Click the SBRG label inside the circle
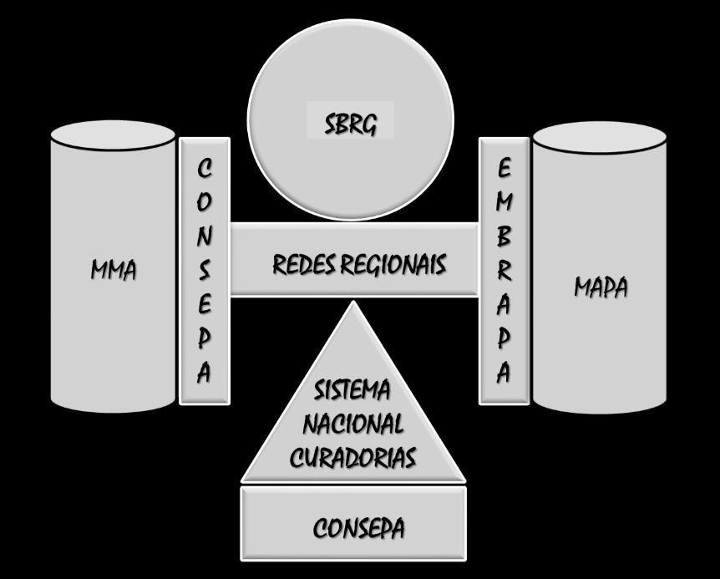(350, 124)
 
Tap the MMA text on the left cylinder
(113, 271)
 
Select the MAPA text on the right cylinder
(600, 287)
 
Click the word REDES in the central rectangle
(302, 265)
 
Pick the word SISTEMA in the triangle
(352, 390)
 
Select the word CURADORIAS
(352, 457)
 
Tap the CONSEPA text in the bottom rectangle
(358, 528)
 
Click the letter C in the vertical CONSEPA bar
(205, 169)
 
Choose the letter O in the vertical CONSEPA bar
(205, 202)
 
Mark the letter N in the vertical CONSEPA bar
(205, 236)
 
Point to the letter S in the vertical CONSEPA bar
(205, 270)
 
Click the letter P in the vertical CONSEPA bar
(205, 338)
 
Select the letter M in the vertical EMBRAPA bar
(503, 202)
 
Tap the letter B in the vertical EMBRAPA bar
(503, 236)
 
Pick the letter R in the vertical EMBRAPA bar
(503, 271)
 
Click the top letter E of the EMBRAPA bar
(503, 168)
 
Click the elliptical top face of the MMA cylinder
(113, 136)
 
